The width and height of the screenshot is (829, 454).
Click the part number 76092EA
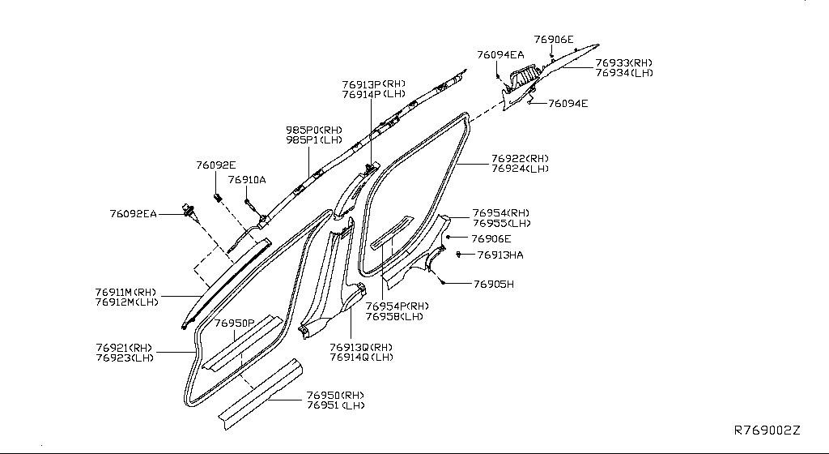[134, 214]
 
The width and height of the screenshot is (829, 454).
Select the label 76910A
[247, 180]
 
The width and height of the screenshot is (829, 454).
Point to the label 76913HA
[500, 255]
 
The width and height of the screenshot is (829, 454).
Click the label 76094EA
[500, 55]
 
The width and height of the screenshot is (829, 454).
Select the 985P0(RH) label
[313, 129]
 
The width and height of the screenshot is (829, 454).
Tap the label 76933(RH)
[623, 62]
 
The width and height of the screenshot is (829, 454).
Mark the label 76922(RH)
[520, 159]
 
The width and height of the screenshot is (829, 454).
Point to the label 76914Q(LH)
[361, 357]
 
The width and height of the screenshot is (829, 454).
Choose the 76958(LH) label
[394, 316]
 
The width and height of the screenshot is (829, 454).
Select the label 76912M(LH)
[125, 302]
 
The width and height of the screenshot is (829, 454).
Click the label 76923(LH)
[124, 358]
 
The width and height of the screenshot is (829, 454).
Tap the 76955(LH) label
[502, 223]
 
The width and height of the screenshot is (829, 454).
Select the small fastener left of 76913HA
[460, 254]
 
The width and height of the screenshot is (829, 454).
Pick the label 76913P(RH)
[373, 84]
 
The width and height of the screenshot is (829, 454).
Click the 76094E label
[568, 104]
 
